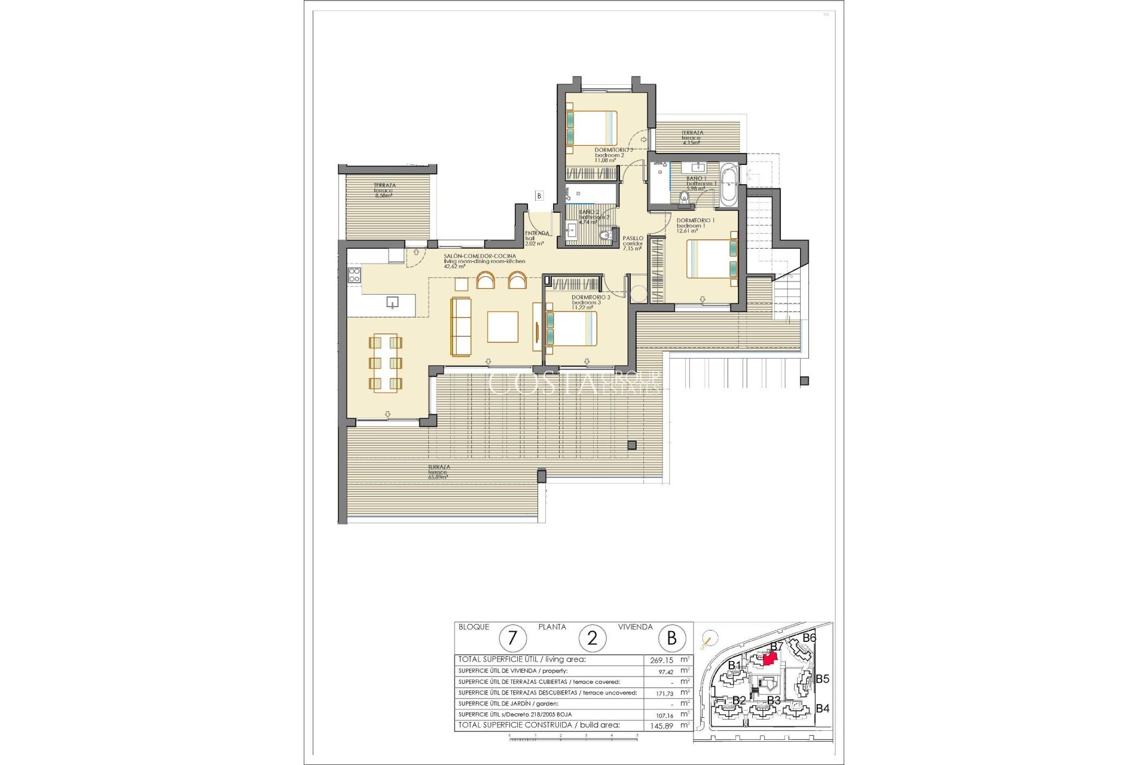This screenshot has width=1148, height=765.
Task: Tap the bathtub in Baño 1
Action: (x=728, y=185)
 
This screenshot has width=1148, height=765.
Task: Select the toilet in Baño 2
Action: (x=607, y=236)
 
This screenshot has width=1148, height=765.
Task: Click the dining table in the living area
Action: (x=385, y=363)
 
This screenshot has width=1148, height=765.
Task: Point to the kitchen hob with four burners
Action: (x=354, y=275)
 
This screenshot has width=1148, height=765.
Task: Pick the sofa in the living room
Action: (x=461, y=326)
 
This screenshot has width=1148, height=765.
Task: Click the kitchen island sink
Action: (x=392, y=302)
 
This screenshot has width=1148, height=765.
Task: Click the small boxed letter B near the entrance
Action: (x=539, y=195)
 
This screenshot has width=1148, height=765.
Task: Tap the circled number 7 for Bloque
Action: (x=512, y=638)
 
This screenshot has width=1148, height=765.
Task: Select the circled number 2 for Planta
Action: (x=592, y=638)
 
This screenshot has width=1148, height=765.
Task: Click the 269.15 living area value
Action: (x=661, y=660)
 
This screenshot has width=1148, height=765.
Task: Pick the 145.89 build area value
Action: (x=661, y=726)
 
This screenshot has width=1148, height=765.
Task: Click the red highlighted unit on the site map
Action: (x=770, y=658)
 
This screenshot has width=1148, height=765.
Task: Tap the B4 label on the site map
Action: (x=823, y=708)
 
